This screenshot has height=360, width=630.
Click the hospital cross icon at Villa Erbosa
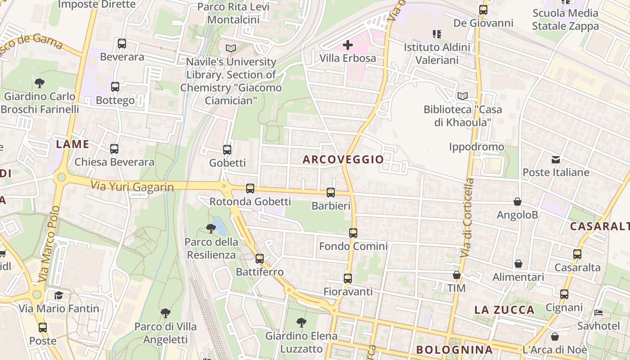point(348,45)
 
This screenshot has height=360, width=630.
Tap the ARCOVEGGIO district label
point(343,159)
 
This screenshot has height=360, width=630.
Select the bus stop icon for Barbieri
point(331,193)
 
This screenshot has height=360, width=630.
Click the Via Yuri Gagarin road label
point(132,186)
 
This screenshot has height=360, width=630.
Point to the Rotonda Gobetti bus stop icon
point(250,189)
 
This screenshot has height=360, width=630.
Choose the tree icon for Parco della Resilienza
point(211,229)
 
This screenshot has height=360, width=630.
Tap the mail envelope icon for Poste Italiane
point(556,159)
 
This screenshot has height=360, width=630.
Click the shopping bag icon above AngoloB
point(517,202)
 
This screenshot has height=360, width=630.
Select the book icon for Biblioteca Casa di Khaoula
point(462,96)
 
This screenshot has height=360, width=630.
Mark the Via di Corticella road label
point(468,218)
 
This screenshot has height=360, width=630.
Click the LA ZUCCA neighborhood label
point(504,310)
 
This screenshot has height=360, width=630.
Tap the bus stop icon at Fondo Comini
point(353,233)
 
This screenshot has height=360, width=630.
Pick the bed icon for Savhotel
point(598,312)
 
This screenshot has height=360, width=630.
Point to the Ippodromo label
point(477,147)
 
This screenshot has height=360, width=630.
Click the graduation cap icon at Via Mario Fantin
point(58,295)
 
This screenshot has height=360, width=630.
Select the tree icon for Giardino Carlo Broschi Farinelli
point(40,83)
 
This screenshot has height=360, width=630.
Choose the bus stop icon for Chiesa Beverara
point(114,149)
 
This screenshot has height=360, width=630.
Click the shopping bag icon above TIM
point(457,275)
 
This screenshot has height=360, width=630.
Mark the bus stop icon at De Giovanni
point(483,9)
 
